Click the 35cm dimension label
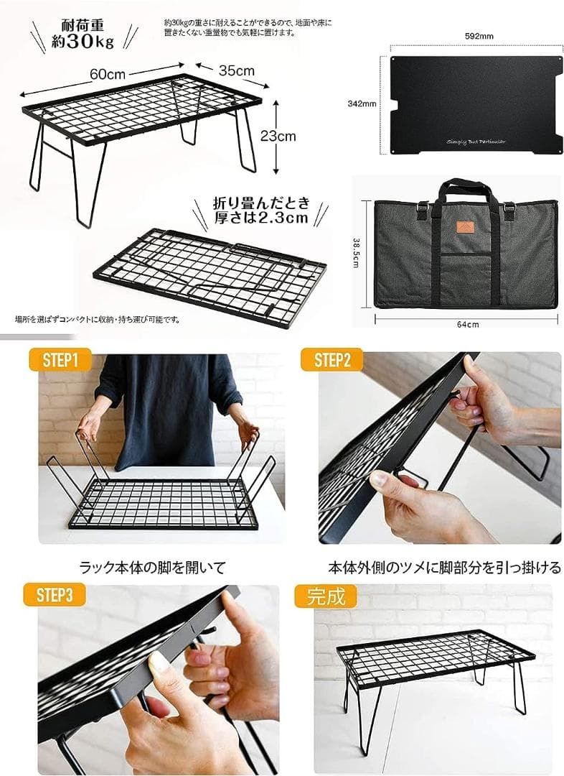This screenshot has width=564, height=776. tap(236, 70)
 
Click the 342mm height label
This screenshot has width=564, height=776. tap(362, 103)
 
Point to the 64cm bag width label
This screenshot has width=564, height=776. tap(467, 324)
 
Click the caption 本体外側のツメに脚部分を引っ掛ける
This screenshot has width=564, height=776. tap(444, 567)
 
